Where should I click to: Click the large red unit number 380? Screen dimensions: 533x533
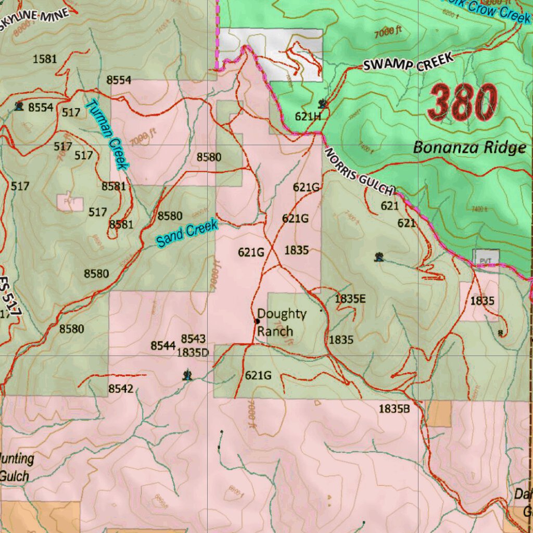[x=462, y=103]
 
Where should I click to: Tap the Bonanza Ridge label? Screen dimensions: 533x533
[x=469, y=148]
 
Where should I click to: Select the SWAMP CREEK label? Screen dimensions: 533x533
[x=408, y=63]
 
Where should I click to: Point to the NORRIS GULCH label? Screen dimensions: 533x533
[x=360, y=172]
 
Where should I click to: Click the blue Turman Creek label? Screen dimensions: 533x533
[x=107, y=134]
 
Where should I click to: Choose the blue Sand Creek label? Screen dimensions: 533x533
[x=187, y=233]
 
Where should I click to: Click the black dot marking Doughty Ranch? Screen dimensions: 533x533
[x=257, y=321]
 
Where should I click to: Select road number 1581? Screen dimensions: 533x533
[x=45, y=59]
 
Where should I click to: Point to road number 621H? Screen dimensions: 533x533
[x=308, y=117]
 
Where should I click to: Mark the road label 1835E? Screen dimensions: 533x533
[x=350, y=299]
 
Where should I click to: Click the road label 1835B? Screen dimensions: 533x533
[x=394, y=409]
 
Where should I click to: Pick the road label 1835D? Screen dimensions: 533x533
[x=193, y=352]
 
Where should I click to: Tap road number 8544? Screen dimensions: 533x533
[x=163, y=346]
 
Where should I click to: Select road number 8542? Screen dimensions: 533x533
[x=121, y=388]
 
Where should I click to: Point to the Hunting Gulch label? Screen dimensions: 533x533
[x=17, y=467]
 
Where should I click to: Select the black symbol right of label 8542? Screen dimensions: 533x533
[x=187, y=375]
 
